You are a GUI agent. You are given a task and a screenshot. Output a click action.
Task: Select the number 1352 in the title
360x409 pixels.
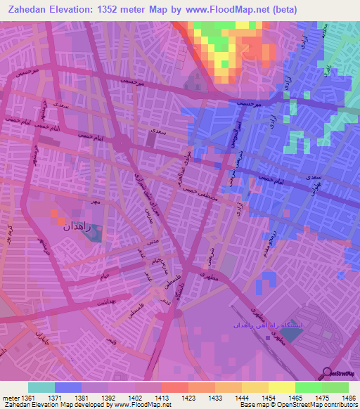(120, 10)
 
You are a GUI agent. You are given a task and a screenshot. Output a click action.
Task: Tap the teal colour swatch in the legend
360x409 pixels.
(41, 387)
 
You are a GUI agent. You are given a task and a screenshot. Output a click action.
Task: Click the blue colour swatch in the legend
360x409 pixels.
(67, 387)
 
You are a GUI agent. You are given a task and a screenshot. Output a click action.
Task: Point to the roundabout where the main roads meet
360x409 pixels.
(123, 145)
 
